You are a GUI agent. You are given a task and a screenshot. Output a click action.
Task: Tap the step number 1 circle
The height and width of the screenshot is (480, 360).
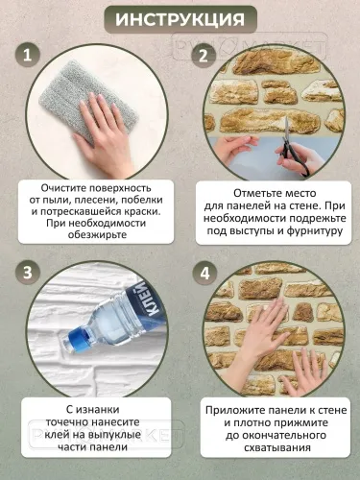coord(32,57)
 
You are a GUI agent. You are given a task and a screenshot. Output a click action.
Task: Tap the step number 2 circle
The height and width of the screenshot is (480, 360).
coord(203,57)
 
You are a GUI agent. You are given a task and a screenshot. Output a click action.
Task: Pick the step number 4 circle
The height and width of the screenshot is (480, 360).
coord(203,272)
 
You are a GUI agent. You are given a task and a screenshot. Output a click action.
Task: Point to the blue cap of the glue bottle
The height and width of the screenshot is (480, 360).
coord(73,340)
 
